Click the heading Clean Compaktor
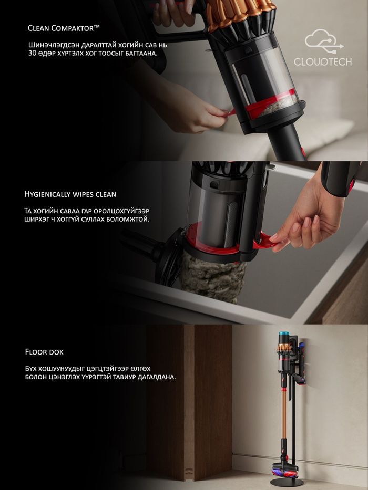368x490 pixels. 64,28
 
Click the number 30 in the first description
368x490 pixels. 32,53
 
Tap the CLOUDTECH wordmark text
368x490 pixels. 323,61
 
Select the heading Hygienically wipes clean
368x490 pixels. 70,194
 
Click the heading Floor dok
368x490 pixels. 44,352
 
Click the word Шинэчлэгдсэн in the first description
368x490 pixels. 49,45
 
